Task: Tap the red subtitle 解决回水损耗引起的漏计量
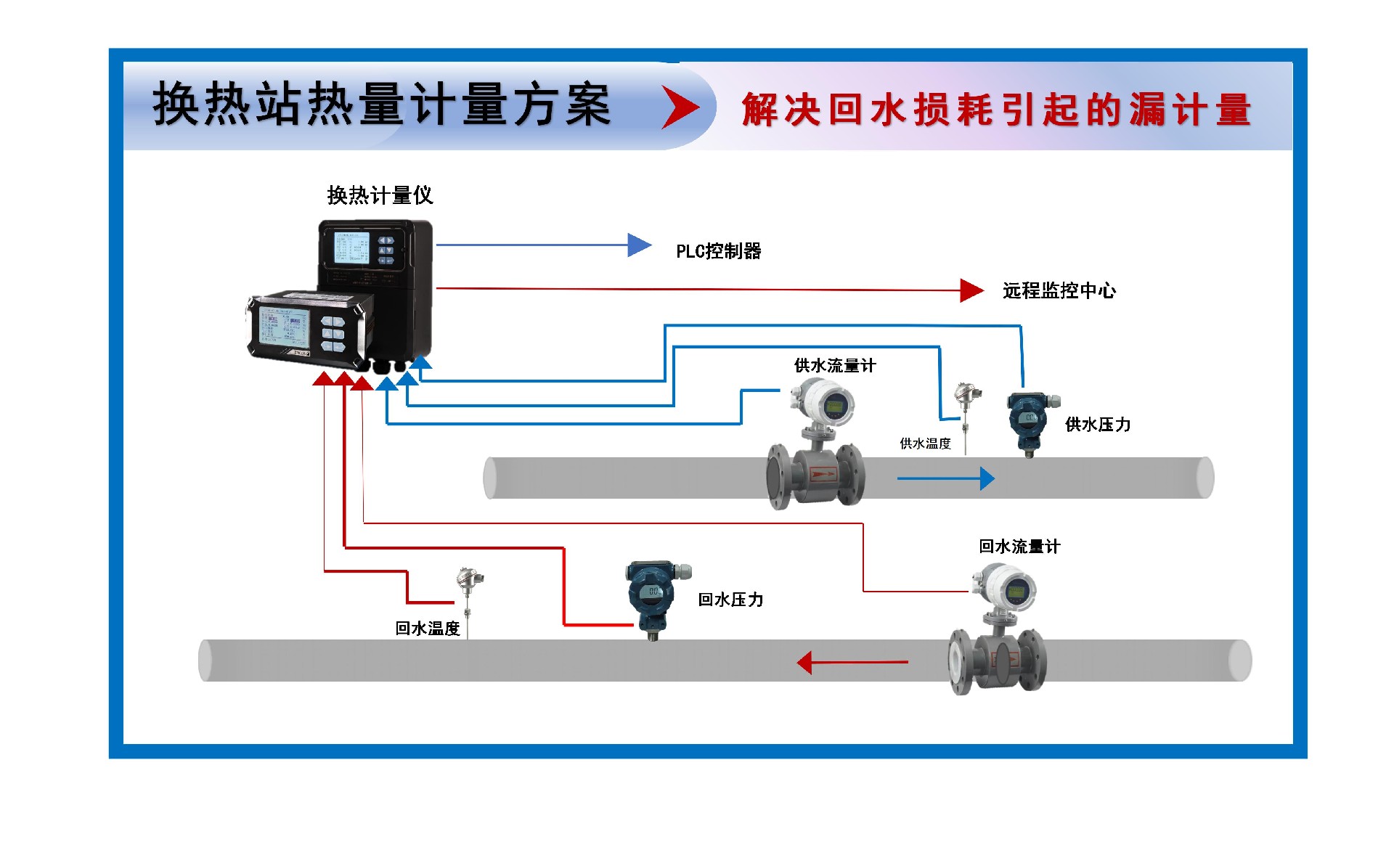coord(996,110)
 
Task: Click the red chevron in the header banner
coord(680,107)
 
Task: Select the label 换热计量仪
coord(380,195)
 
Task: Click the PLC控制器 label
coord(718,251)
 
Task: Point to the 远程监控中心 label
coord(1059,291)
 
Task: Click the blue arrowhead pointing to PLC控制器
coord(639,245)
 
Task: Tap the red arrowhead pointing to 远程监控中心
coord(971,290)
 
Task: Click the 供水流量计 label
coord(835,366)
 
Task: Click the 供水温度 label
coord(925,444)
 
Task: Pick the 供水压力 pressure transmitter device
coord(1030,421)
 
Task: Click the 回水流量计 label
coord(1019,547)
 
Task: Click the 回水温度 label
coord(428,629)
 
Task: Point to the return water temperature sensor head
coord(468,579)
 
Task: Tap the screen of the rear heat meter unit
coord(351,248)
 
